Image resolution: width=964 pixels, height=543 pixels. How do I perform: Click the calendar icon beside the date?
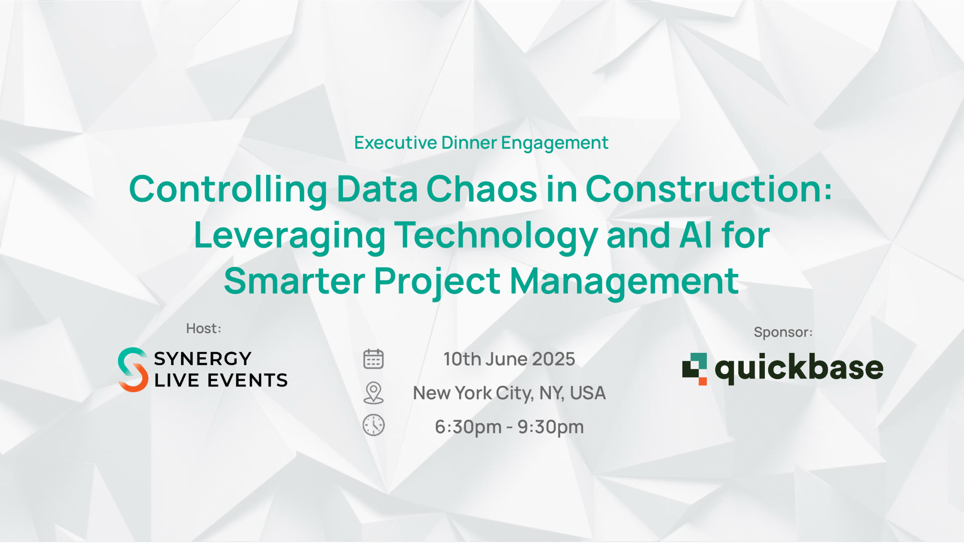[373, 359]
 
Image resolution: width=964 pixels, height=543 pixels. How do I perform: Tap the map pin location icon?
[373, 393]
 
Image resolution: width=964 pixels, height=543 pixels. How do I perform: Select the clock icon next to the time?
[373, 425]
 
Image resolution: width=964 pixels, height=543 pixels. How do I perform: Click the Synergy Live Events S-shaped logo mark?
[133, 370]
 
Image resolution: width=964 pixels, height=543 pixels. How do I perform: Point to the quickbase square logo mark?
[694, 369]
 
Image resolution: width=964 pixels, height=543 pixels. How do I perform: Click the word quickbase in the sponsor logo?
[799, 368]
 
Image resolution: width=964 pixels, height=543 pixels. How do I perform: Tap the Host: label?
[204, 328]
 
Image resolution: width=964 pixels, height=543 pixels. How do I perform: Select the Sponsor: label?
[783, 332]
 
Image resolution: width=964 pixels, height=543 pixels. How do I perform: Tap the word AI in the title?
[696, 236]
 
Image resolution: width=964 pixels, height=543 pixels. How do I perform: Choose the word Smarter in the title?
[294, 281]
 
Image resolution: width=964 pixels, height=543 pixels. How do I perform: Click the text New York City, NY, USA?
[509, 393]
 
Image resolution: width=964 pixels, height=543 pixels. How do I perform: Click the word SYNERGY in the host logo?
[203, 358]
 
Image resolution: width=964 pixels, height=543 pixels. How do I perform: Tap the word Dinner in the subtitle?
[469, 143]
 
